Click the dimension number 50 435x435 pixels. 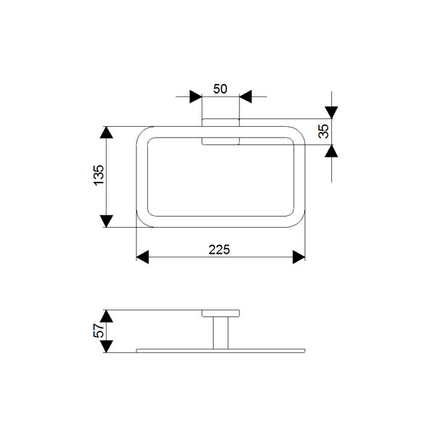(x=220, y=88)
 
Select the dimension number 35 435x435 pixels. (x=323, y=131)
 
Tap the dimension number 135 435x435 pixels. (x=99, y=175)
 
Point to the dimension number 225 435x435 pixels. (x=219, y=249)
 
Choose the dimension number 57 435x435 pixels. (x=99, y=331)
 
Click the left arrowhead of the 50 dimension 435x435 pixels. (x=196, y=96)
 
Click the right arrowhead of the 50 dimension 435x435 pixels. (x=246, y=96)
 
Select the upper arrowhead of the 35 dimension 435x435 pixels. (x=331, y=112)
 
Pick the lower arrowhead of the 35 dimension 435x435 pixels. (x=331, y=151)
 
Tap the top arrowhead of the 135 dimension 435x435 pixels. (x=107, y=133)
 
